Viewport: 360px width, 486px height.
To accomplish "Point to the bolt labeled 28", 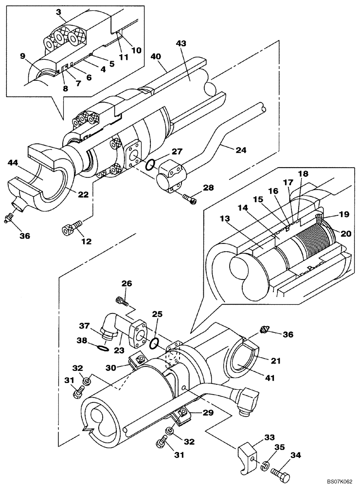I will coord(189,198).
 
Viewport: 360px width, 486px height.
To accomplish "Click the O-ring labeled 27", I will coord(151,167).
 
